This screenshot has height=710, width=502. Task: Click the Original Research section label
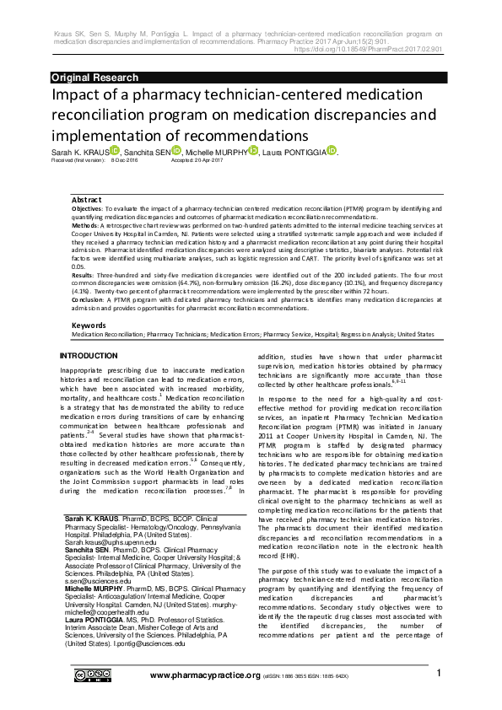[x=94, y=78]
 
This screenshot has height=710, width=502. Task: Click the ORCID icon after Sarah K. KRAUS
[x=114, y=150]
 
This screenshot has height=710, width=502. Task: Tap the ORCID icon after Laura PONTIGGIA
[x=332, y=150]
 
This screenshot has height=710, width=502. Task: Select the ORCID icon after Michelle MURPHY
[x=253, y=150]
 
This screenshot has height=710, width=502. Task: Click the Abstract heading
[x=86, y=199]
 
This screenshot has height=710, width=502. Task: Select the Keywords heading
[x=89, y=325]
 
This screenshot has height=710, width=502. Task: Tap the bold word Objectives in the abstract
[x=87, y=207]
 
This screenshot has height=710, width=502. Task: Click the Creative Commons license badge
[x=91, y=675]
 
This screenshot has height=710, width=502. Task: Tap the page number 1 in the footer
[x=439, y=674]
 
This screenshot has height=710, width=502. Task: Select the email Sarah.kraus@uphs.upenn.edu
[x=105, y=545]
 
